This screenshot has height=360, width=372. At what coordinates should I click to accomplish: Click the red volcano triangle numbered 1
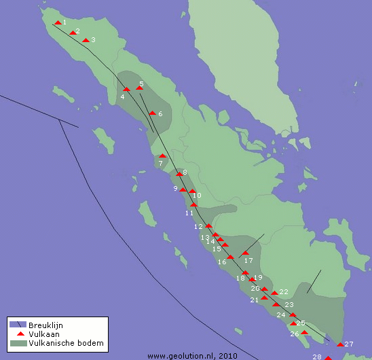(58, 23)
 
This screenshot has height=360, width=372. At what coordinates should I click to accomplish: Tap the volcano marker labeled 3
(86, 40)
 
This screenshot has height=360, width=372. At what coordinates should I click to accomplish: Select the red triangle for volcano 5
(139, 88)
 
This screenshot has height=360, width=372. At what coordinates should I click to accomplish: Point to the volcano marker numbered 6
(153, 113)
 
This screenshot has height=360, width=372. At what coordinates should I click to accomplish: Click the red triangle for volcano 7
(162, 156)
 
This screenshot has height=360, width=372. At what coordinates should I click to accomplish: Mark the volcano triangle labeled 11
(193, 204)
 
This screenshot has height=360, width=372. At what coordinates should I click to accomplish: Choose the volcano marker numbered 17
(245, 253)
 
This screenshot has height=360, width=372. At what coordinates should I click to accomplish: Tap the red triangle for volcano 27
(340, 344)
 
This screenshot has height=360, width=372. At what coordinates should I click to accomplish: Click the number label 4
(122, 98)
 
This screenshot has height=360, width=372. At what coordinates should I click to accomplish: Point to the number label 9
(175, 189)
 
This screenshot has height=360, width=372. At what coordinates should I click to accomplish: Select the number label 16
(222, 262)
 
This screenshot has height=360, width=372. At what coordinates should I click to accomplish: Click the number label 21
(255, 300)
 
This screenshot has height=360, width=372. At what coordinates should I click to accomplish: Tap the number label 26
(295, 334)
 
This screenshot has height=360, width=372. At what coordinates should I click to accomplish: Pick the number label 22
(284, 292)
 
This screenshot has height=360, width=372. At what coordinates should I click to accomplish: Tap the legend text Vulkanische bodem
(67, 344)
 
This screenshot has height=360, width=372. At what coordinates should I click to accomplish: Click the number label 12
(198, 226)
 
